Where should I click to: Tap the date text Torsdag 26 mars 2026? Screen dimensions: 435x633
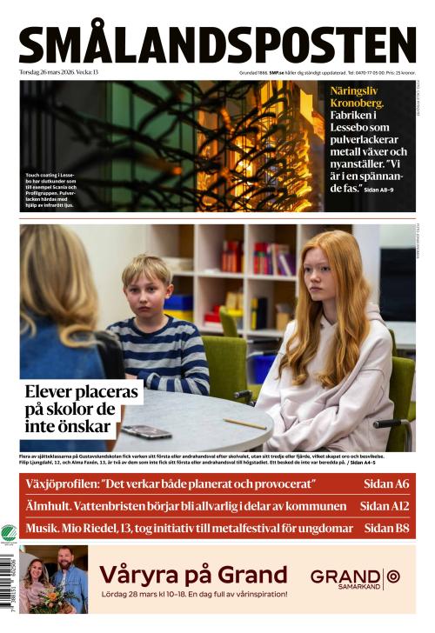[52, 72]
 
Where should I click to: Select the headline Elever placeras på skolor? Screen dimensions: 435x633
[82, 409]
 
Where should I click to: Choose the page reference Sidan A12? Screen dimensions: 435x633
[385, 505]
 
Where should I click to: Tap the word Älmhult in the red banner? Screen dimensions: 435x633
[51, 505]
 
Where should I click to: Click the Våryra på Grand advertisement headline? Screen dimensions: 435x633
[193, 574]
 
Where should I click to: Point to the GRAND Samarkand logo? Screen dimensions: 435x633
[356, 578]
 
